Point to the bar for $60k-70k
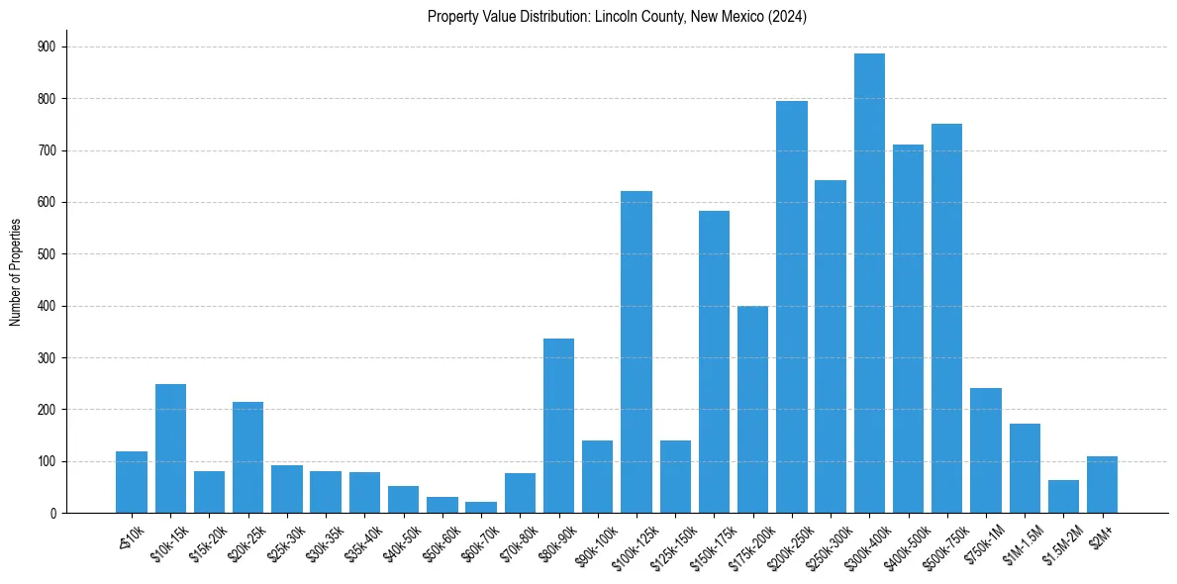(x=481, y=507)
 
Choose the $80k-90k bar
(x=558, y=426)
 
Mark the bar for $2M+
(x=1102, y=485)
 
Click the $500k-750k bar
(x=946, y=318)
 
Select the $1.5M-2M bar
(x=1063, y=496)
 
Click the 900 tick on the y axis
(x=47, y=47)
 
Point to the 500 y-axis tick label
(x=47, y=254)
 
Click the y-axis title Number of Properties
(x=16, y=271)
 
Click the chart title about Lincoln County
(x=617, y=17)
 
